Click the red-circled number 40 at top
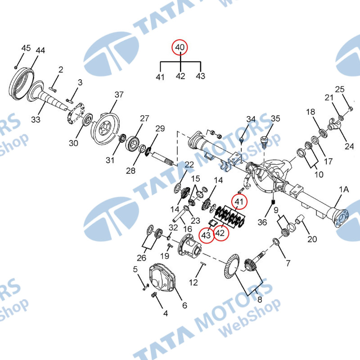coord(180,47)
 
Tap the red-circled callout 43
coord(206,235)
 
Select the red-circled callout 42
coord(220,233)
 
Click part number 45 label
coord(26,48)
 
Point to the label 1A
coord(344,189)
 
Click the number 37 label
coord(119,94)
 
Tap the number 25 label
coord(340,89)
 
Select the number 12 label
coord(193,283)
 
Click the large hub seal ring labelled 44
coord(21,83)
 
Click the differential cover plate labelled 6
coord(162,278)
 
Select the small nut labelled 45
coord(16,67)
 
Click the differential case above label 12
coord(189,246)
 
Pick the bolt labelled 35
coord(264,141)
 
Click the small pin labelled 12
coord(203,264)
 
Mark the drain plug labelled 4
coord(154,295)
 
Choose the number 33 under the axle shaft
coord(36,119)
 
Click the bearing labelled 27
coord(132,144)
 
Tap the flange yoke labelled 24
coord(333,124)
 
